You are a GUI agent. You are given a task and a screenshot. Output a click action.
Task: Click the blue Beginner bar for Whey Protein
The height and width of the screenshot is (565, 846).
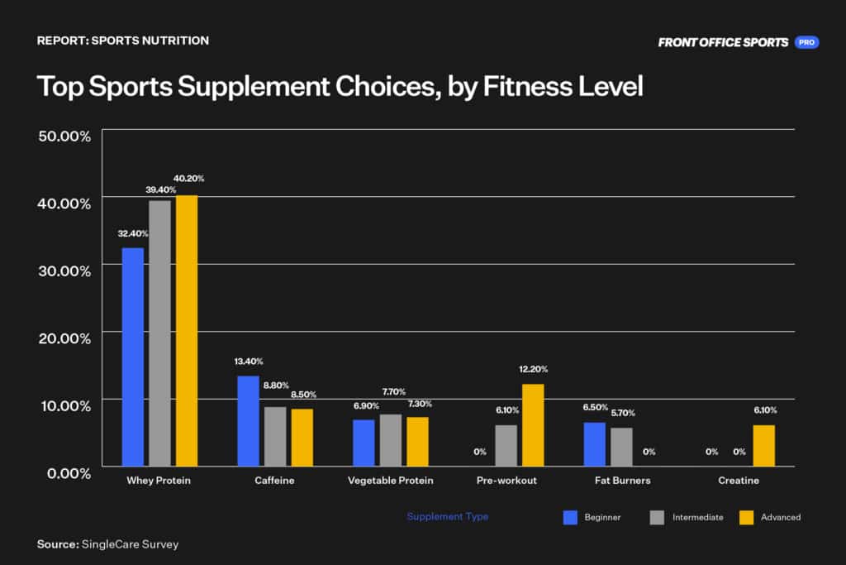pos(132,357)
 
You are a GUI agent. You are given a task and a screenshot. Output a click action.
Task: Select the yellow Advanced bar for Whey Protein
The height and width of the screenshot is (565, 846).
pos(187,330)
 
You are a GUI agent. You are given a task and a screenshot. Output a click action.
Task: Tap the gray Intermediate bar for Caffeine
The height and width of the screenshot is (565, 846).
pos(275,436)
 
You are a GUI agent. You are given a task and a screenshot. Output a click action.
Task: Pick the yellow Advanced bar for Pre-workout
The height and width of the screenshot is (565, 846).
pos(533,424)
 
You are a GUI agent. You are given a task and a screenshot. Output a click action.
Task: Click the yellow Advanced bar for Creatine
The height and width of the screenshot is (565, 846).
pos(764,445)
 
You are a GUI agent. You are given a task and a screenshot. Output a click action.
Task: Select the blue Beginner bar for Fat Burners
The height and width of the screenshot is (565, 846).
pos(594,444)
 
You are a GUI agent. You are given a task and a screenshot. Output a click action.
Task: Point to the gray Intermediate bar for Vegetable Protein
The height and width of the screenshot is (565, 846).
pos(391,440)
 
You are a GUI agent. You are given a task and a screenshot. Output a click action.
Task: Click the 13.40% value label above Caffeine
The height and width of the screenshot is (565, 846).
pos(248,362)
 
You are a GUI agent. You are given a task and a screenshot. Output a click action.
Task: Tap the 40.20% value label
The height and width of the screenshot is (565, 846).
pos(188,178)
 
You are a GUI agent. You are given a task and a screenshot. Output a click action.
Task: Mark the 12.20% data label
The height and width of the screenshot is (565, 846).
pos(533,369)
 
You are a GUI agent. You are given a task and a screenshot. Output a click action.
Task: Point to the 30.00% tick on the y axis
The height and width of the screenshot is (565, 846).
pos(64,271)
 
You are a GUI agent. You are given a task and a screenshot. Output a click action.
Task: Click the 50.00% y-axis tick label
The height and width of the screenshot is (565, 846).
pos(64,136)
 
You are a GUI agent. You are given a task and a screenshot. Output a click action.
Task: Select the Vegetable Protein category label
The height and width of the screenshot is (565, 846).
pos(390,481)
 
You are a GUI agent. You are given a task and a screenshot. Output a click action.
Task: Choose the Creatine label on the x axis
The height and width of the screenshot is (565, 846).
pos(738,481)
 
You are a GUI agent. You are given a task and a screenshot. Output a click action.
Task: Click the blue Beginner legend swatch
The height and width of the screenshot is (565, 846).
pos(570,517)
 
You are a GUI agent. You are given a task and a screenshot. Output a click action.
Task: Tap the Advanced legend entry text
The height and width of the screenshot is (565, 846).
pos(781,517)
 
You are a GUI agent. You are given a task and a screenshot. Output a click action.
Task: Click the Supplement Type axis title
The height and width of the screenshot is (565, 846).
pos(447,516)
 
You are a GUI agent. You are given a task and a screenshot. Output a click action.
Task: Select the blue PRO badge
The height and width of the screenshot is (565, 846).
pos(806,42)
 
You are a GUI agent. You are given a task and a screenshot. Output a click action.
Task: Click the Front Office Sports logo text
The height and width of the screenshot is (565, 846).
pos(723,42)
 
